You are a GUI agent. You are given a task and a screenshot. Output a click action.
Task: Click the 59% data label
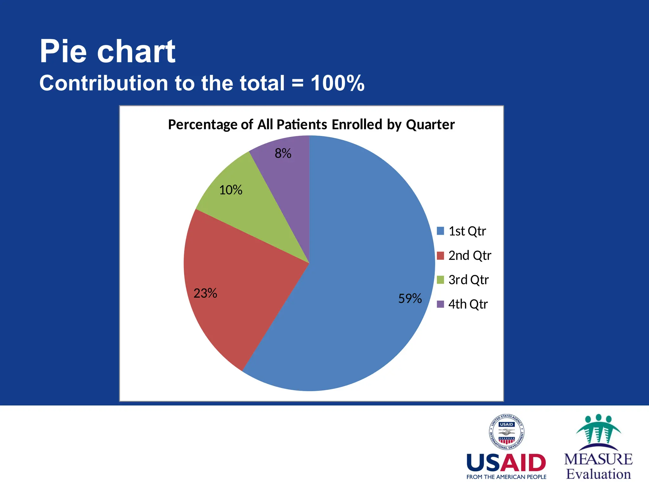pyautogui.click(x=410, y=299)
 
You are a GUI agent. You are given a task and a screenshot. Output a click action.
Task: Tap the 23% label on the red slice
pyautogui.click(x=205, y=293)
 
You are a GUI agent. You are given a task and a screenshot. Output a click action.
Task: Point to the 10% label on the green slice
pyautogui.click(x=231, y=190)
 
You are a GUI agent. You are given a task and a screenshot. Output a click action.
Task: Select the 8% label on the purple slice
pyautogui.click(x=283, y=153)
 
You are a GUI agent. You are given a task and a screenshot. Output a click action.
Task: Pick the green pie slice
pyautogui.click(x=254, y=216)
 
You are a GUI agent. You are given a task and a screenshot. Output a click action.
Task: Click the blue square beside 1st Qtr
pyautogui.click(x=440, y=231)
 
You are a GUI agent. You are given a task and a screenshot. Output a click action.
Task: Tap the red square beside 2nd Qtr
pyautogui.click(x=440, y=256)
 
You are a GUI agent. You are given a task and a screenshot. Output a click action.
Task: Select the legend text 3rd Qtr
pyautogui.click(x=468, y=280)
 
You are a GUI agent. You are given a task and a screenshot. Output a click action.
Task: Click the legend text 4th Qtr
pyautogui.click(x=468, y=304)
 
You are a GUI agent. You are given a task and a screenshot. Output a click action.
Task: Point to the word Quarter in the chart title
pyautogui.click(x=430, y=125)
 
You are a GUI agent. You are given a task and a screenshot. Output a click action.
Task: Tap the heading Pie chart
pyautogui.click(x=107, y=51)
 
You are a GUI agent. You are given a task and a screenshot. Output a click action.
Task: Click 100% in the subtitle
pyautogui.click(x=337, y=83)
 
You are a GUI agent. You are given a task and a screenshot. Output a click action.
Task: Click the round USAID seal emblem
pyautogui.click(x=506, y=432)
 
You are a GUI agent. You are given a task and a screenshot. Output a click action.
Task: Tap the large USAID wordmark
pyautogui.click(x=506, y=463)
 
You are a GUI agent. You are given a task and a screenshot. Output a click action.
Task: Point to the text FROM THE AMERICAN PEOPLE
pyautogui.click(x=506, y=477)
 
